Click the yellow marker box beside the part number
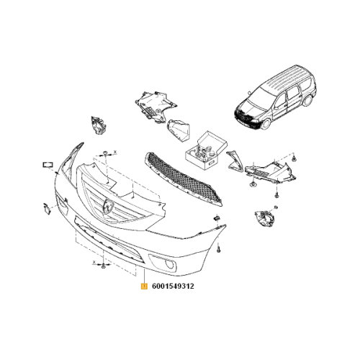pos(144,286)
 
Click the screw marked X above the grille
pos(106,153)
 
